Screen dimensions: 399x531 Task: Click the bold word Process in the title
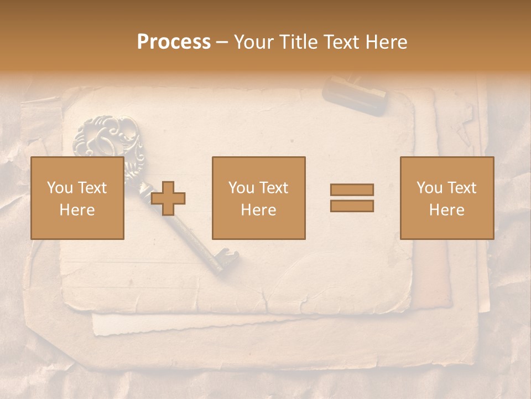point(174,42)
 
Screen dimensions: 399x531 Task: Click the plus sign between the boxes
point(168,198)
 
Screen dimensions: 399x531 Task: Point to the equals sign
point(352,198)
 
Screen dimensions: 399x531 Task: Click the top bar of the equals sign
point(352,190)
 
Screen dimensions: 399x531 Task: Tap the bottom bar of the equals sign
point(352,206)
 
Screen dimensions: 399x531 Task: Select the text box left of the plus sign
point(77,198)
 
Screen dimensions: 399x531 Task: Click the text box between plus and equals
point(258,198)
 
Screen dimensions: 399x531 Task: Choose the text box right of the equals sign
point(446,198)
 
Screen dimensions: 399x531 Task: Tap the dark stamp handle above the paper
point(355,95)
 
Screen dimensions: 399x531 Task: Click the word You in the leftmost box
point(59,188)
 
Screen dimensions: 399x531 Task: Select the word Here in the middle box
point(258,210)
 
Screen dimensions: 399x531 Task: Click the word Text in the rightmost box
point(461,188)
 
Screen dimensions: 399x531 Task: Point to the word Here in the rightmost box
point(446,210)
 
